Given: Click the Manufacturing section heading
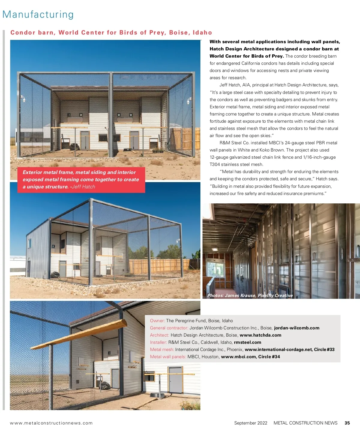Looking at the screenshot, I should point(38,14).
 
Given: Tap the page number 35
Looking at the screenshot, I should point(347,423).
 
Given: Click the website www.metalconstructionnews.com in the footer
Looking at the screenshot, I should point(51,423).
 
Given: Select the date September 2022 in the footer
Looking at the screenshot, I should point(250,423).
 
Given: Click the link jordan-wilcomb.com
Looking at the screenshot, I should point(296,328).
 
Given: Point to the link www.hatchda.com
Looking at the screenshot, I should point(260,335).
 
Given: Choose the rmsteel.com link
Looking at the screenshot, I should point(247,342).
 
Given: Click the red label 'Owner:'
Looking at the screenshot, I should point(157,321).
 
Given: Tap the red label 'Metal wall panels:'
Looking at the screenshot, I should point(168,357).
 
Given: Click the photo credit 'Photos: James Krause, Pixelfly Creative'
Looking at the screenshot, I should point(250,295).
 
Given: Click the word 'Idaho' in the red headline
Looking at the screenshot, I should point(202,32).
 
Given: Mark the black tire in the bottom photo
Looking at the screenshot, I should point(105,385).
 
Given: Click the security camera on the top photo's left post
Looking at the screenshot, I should point(23,99).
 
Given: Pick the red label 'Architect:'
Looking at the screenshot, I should point(160,335).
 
